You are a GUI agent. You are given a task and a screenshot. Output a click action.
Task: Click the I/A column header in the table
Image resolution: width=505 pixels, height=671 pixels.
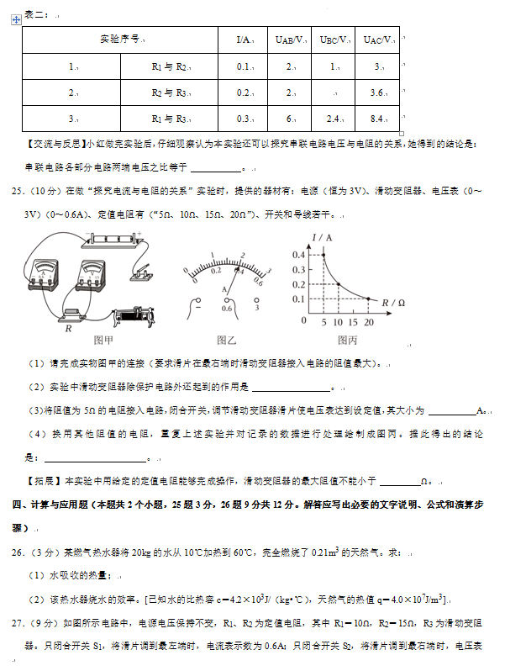[245, 40]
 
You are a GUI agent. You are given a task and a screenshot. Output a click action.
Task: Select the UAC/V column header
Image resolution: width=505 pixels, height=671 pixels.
[377, 40]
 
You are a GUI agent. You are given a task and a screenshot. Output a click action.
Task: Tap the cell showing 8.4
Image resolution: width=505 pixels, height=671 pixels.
[377, 119]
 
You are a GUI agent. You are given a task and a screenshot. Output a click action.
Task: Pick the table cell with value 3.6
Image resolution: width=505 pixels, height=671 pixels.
[377, 92]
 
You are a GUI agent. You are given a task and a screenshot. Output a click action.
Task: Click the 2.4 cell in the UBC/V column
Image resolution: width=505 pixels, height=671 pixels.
[334, 119]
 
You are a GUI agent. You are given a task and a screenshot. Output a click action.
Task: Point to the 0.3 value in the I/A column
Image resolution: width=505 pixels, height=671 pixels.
[245, 119]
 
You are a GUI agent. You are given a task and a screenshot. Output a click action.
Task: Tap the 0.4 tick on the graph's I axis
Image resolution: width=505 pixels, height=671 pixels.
[298, 255]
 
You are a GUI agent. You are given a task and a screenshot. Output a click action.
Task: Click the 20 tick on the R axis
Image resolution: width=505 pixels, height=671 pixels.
[369, 323]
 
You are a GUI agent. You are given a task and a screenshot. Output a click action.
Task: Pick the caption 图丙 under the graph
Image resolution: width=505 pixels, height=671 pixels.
[347, 340]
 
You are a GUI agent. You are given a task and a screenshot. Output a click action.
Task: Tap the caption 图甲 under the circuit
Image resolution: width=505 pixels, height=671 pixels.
[103, 340]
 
